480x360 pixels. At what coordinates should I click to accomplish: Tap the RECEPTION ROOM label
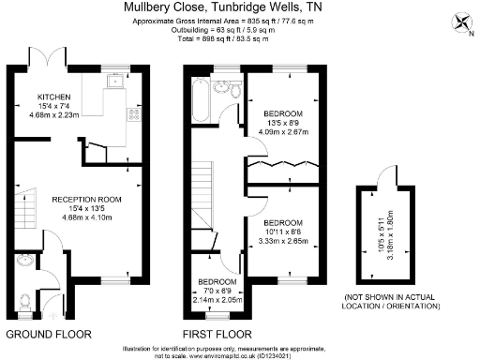click(x=85, y=200)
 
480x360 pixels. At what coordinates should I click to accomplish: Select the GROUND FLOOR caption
click(x=51, y=333)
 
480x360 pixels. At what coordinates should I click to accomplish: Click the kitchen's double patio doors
click(x=46, y=58)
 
